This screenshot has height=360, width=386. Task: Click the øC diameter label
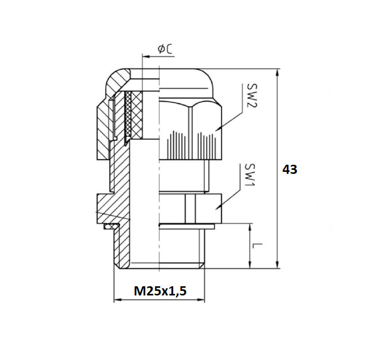(165, 49)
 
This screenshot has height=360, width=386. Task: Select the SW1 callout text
(249, 176)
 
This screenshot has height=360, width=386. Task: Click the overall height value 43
(289, 170)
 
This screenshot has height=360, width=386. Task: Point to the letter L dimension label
(258, 248)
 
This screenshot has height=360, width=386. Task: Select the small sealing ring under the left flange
(108, 225)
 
